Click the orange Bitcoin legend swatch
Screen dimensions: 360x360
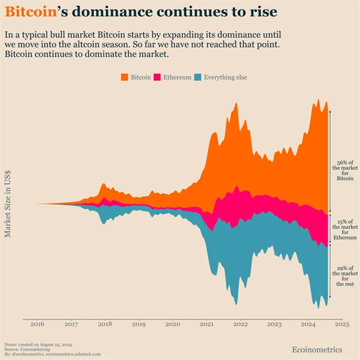(124, 77)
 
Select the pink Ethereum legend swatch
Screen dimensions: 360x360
(157, 77)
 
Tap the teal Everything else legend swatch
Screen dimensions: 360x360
(197, 77)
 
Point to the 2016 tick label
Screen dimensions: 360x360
(37, 325)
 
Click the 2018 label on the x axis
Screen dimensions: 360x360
(105, 325)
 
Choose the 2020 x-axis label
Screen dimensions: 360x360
(173, 325)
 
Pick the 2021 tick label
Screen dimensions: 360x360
(206, 325)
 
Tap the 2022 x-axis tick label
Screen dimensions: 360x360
(241, 325)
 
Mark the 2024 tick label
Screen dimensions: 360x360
(308, 325)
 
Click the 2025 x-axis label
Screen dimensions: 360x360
(342, 325)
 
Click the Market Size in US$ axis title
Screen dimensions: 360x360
(8, 204)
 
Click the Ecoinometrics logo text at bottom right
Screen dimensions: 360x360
(317, 350)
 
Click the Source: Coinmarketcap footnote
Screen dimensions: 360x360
(23, 349)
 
